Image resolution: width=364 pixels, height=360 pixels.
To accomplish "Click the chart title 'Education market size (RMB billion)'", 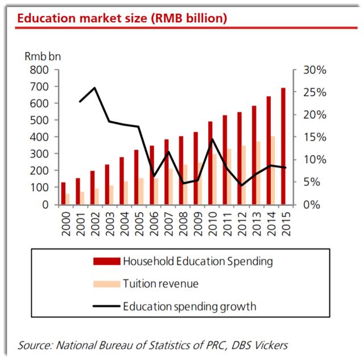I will [122, 18].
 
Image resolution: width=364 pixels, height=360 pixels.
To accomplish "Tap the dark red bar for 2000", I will [64, 193].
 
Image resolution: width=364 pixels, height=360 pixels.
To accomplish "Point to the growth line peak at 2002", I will [94, 88].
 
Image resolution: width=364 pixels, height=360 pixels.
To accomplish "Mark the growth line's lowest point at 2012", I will [242, 185].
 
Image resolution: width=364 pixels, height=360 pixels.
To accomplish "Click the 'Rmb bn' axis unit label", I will [42, 56].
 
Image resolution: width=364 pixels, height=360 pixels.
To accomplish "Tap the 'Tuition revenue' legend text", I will [160, 284].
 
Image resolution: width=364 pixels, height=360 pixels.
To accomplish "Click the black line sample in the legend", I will [106, 306].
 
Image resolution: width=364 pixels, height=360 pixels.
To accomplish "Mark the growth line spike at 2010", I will [212, 139].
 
